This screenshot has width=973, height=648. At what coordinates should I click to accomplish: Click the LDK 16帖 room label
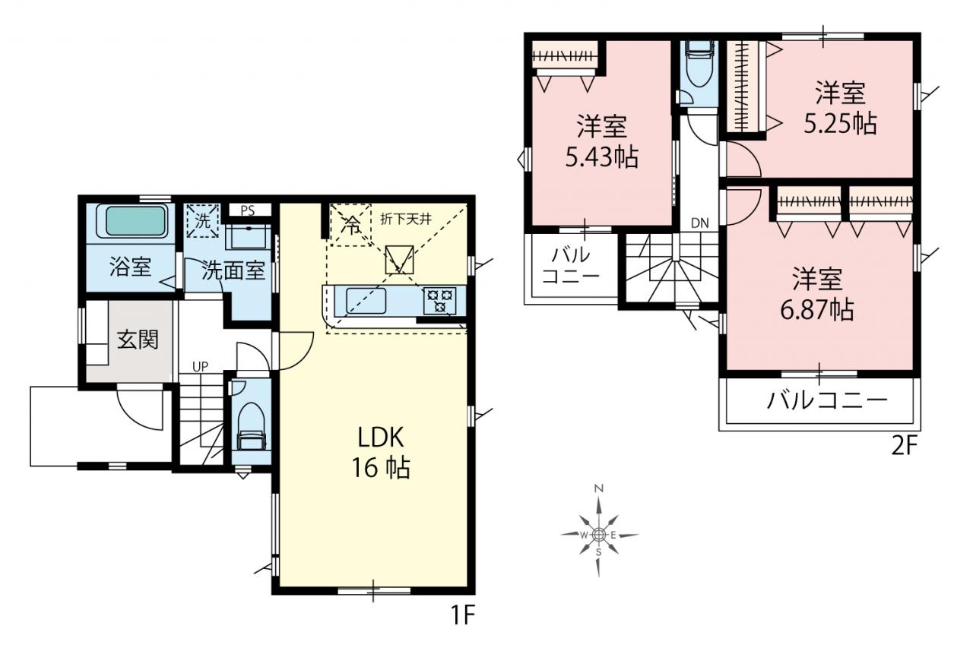[x=381, y=452]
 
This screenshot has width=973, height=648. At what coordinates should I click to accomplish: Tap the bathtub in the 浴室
[x=136, y=221]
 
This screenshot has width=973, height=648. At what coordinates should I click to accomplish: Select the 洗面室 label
[x=233, y=271]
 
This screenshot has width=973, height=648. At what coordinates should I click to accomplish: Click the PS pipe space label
[x=247, y=211]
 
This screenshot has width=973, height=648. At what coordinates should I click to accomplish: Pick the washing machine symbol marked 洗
[x=202, y=221]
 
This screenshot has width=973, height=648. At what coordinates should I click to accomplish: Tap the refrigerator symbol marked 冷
[x=350, y=225]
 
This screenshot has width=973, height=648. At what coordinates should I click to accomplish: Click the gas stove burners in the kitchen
[x=440, y=300]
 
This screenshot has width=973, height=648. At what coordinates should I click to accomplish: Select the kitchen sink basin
[x=366, y=301]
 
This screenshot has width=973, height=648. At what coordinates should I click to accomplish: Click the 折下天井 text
[x=406, y=220]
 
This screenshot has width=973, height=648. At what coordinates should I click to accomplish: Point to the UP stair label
[x=200, y=367]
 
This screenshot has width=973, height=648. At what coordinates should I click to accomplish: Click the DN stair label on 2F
[x=700, y=223]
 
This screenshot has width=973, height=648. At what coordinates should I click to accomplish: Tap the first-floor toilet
[x=251, y=425]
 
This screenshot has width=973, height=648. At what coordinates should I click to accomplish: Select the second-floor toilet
[x=699, y=63]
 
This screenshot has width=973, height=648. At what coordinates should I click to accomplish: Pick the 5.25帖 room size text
[x=840, y=123]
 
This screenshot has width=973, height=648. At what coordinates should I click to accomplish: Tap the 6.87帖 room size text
[x=817, y=310]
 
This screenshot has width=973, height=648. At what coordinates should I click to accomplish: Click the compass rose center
[x=598, y=535]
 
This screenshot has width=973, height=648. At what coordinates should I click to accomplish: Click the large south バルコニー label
[x=828, y=400]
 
